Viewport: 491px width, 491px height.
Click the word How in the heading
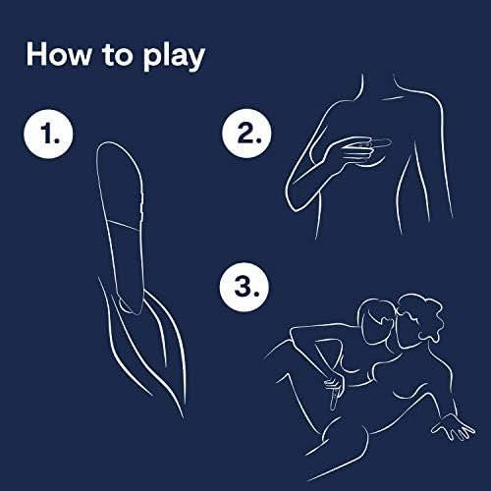(x=59, y=54)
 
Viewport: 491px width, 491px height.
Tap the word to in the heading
(x=117, y=55)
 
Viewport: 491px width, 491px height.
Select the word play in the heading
(x=174, y=57)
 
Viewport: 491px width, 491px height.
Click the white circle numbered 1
(x=49, y=134)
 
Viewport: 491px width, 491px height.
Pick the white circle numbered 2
(x=246, y=134)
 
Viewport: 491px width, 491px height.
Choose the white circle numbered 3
(x=245, y=287)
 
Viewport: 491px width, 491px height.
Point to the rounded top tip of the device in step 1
(x=110, y=143)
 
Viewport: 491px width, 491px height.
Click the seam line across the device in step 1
(x=124, y=226)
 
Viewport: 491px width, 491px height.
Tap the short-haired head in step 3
(x=376, y=319)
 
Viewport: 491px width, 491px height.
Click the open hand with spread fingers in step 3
(x=454, y=426)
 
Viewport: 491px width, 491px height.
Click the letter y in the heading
(x=195, y=59)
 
